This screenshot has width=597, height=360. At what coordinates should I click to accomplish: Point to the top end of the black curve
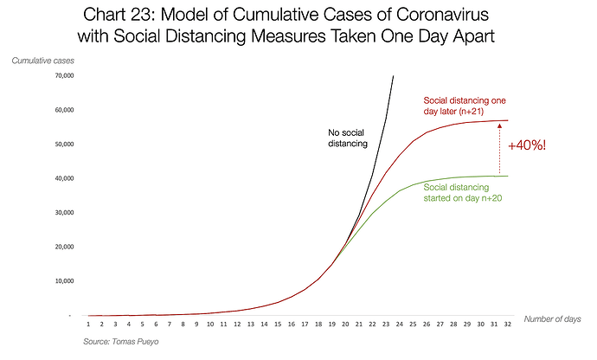394,75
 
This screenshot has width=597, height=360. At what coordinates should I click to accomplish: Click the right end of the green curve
507,177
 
